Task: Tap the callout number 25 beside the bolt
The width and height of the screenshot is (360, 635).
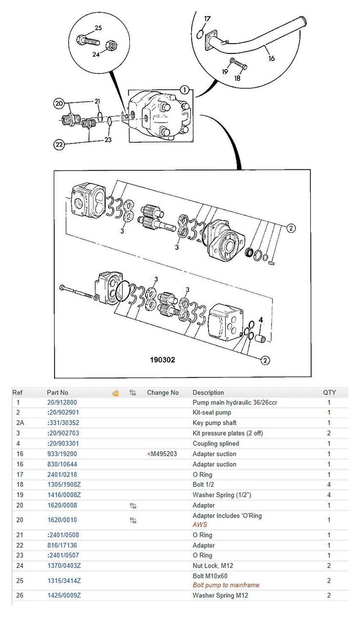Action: click(x=98, y=28)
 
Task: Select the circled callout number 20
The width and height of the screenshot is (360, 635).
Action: click(x=59, y=103)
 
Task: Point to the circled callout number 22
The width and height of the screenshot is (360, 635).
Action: click(x=59, y=145)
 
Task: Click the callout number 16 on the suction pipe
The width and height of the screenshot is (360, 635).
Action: click(x=271, y=58)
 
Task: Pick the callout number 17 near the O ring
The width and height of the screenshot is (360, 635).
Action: click(x=207, y=19)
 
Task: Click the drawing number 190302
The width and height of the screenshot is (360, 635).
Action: click(x=162, y=360)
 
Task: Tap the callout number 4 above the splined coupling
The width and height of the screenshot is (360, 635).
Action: click(x=261, y=320)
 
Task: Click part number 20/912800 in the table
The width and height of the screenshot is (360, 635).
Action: click(x=62, y=402)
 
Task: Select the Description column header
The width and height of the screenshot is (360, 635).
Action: click(x=208, y=392)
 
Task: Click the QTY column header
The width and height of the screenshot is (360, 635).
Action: click(x=329, y=392)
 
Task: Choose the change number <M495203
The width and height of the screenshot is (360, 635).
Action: click(x=162, y=454)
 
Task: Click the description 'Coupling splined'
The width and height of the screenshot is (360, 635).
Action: click(x=216, y=443)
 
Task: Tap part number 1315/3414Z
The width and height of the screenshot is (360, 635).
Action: click(x=64, y=581)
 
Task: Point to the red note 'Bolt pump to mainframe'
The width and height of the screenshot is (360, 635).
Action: click(x=226, y=585)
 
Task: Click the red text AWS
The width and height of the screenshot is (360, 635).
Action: click(x=200, y=524)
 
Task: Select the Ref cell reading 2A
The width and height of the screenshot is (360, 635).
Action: click(x=18, y=422)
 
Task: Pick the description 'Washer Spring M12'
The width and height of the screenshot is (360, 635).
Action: click(x=220, y=595)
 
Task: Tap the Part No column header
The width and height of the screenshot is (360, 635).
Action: click(x=58, y=392)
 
